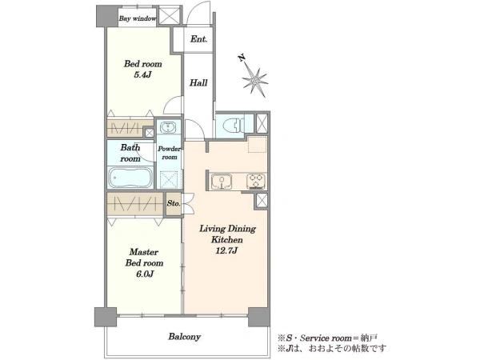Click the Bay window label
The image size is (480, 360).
pos(138,18)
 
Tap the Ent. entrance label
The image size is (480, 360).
pos(198,39)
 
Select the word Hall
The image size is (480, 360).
pos(198,82)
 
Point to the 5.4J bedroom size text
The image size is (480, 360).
pos(143,74)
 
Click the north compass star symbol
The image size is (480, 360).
pos(255,81)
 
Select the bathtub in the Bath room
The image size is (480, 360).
pos(130,178)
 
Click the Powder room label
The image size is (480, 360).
pos(169,153)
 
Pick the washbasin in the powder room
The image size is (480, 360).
pos(167,126)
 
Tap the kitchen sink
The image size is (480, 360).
pos(222,182)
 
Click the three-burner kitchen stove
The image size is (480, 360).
pos(256,182)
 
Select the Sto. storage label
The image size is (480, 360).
pos(174,203)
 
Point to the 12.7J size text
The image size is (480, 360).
pos(226,251)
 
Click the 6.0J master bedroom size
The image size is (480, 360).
pos(145,274)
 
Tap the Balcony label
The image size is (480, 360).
pos(184,337)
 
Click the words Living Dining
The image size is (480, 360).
pos(227,229)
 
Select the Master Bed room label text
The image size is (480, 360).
pos(144,258)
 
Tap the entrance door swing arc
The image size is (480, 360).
pos(196,9)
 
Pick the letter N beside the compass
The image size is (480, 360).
pos(242,58)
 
